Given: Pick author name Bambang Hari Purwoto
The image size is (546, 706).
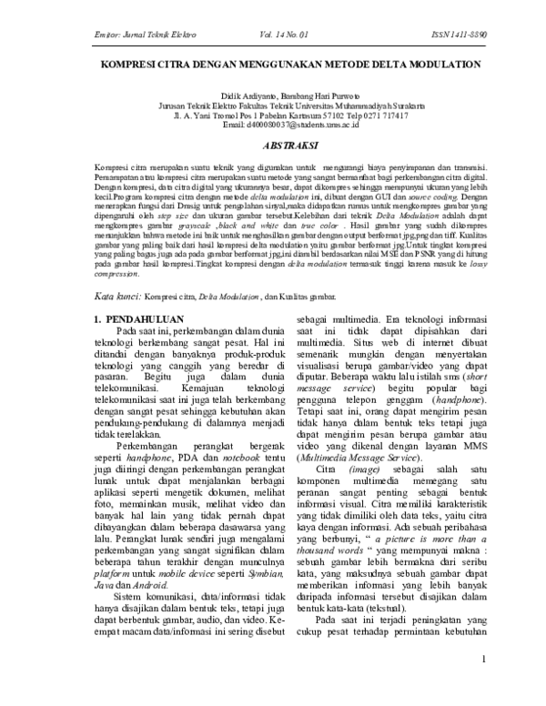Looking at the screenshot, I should [x=317, y=95].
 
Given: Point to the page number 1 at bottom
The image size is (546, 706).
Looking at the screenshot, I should [x=487, y=683].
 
